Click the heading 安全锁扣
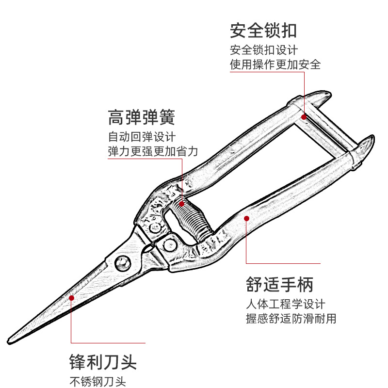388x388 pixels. (263, 31)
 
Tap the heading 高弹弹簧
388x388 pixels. (141, 117)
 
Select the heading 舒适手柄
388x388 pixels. (280, 284)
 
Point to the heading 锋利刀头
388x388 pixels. (102, 362)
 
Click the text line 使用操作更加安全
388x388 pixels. (275, 65)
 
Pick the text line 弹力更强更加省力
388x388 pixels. (153, 151)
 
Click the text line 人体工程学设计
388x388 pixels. (285, 305)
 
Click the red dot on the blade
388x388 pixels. (71, 297)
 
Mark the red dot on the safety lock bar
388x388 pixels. (304, 116)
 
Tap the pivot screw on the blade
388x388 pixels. (122, 263)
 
